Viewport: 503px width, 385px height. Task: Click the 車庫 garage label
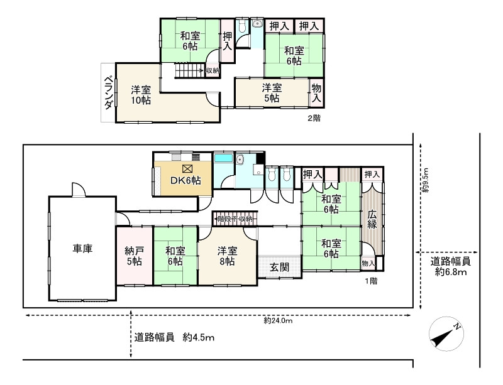point(82,249)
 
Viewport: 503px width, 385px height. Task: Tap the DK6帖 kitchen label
point(186,180)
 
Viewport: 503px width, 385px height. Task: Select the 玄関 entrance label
point(280,267)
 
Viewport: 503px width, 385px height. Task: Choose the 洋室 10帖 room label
point(141,94)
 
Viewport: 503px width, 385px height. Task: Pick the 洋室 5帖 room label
point(272,92)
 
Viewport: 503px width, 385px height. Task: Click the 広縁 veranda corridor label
point(372,220)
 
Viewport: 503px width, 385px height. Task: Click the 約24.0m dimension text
point(279,320)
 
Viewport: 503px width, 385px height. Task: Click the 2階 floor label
point(314,117)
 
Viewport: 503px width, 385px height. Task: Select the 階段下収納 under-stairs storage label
point(234,219)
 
